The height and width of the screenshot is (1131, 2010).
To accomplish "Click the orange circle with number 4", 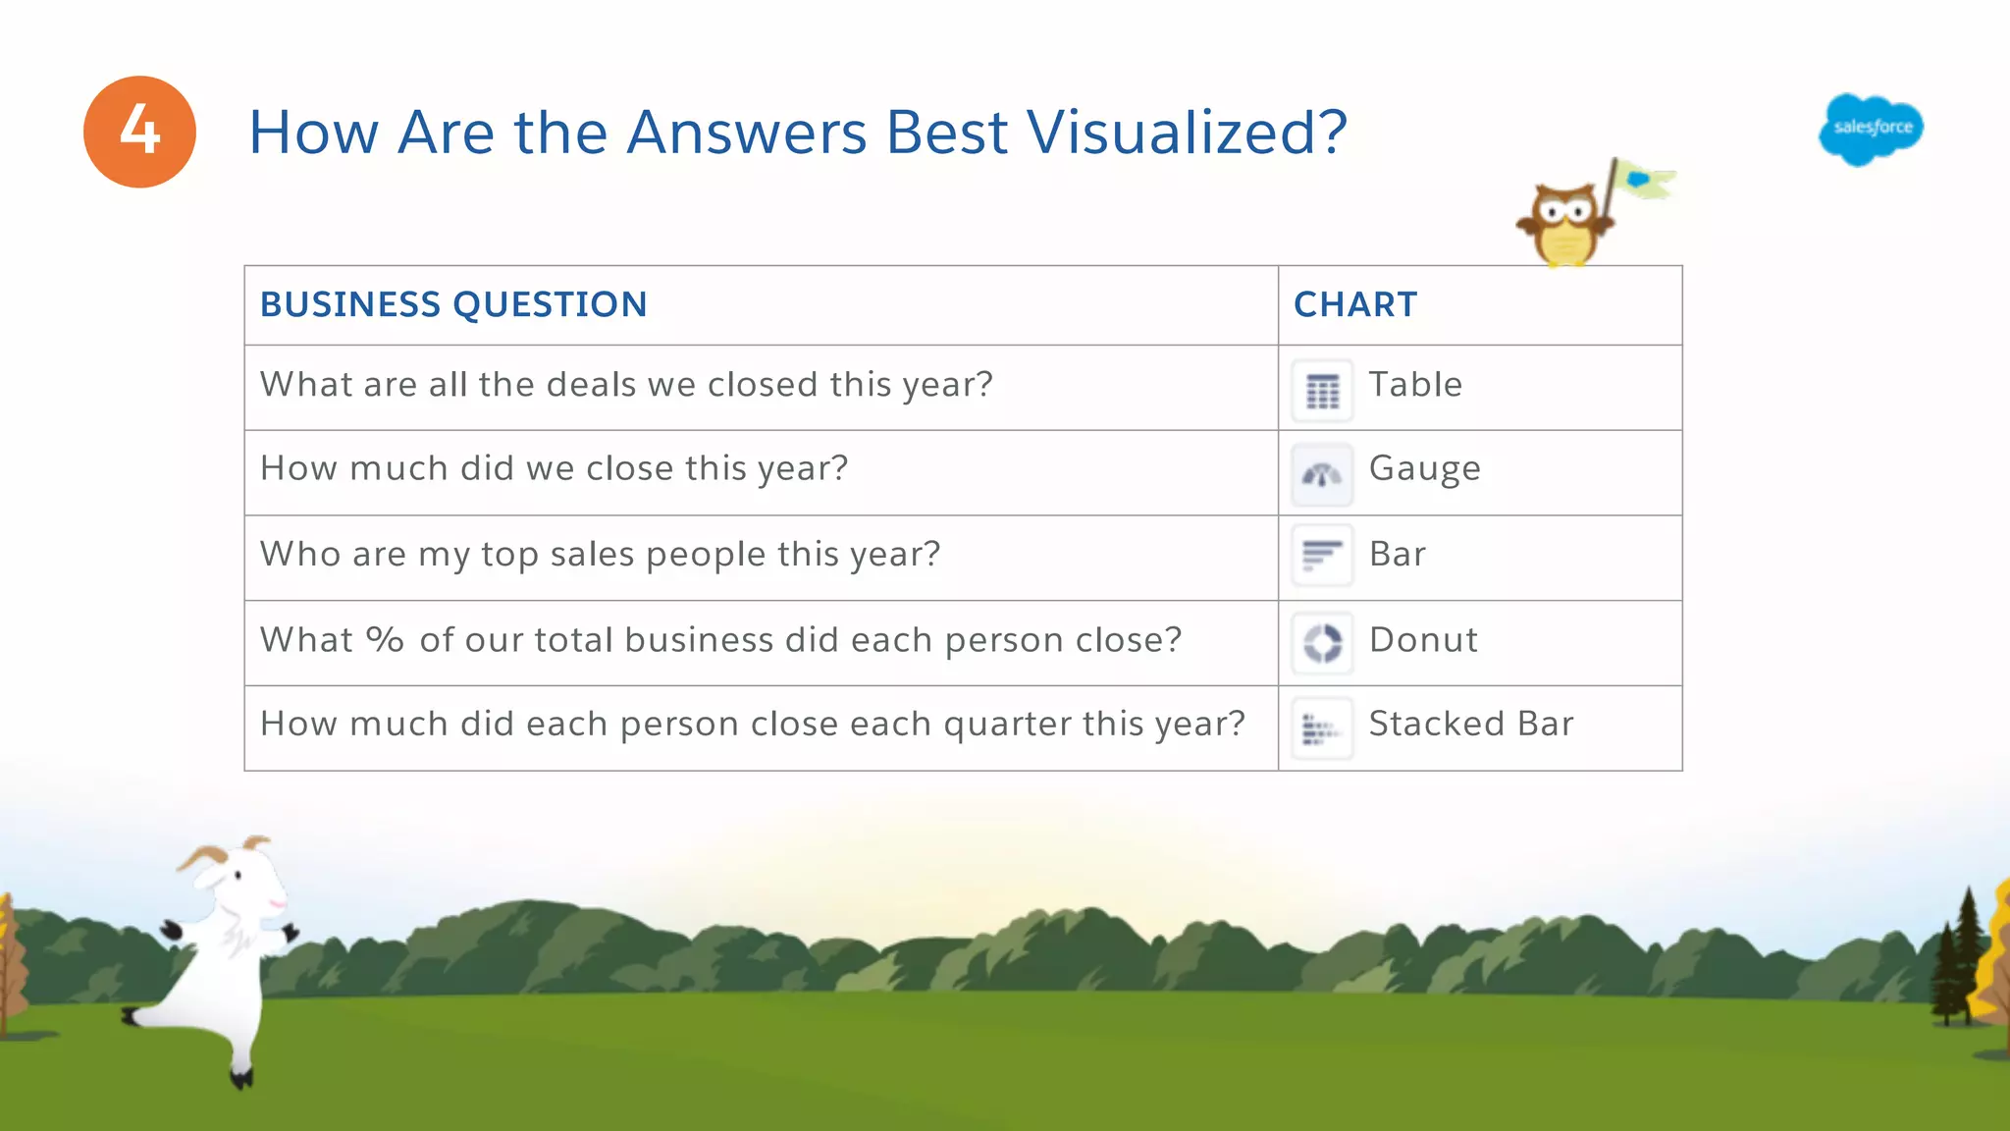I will [139, 132].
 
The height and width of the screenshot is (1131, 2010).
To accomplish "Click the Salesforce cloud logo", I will [1871, 129].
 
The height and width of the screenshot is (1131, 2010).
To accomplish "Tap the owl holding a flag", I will [1564, 225].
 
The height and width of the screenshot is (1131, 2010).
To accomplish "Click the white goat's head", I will [236, 874].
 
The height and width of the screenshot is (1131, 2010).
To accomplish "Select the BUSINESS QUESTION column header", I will [453, 305].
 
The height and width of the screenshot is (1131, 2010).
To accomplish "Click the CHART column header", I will [1355, 305].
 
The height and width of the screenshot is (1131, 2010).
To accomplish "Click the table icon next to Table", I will [1322, 391].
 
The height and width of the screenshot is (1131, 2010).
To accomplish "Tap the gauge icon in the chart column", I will [1322, 475].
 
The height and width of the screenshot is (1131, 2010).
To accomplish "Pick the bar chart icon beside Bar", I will [1322, 556].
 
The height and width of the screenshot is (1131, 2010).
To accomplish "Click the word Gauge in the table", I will [1424, 469].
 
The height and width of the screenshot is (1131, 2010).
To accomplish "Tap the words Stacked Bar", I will [1470, 725].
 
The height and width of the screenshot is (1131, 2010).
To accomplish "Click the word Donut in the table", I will [1423, 640].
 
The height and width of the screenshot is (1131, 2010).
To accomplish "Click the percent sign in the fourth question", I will [385, 640].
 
